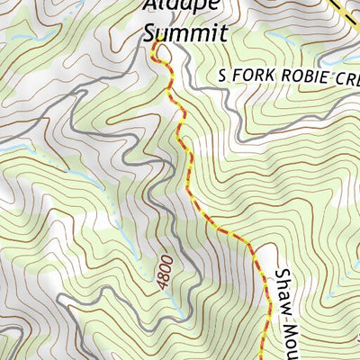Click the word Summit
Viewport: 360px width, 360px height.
point(186,34)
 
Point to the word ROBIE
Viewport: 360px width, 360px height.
point(302,77)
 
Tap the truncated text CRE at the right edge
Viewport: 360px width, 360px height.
point(346,77)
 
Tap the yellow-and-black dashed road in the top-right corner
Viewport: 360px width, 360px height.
point(346,11)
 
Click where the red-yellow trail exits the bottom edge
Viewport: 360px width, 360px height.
point(262,358)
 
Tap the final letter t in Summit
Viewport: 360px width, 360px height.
point(223,34)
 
